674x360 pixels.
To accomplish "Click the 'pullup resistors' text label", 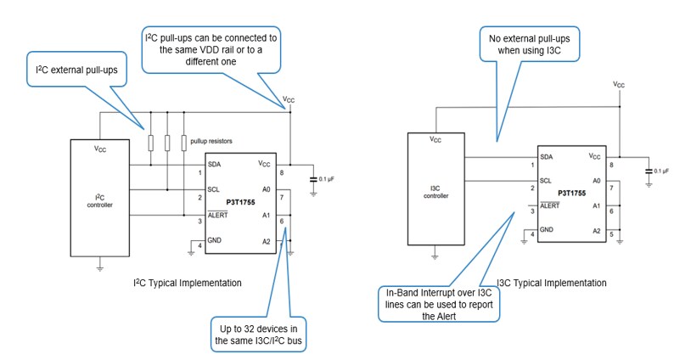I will (x=212, y=139).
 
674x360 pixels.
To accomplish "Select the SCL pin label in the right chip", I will (x=546, y=181).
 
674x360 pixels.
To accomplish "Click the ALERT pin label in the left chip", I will (x=219, y=215).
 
